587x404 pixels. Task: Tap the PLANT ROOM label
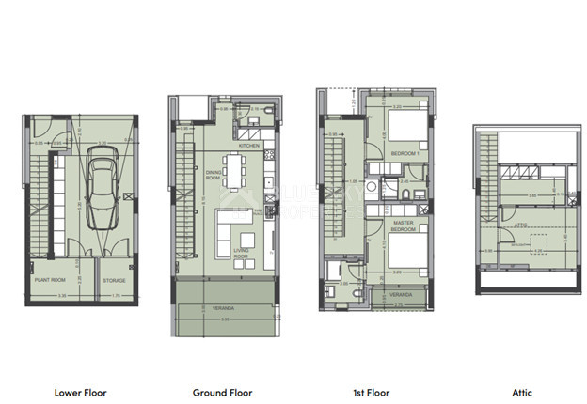(x=50, y=280)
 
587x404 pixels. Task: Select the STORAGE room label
(x=115, y=280)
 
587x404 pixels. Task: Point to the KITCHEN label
(x=248, y=147)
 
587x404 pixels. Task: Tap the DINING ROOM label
(x=215, y=175)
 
